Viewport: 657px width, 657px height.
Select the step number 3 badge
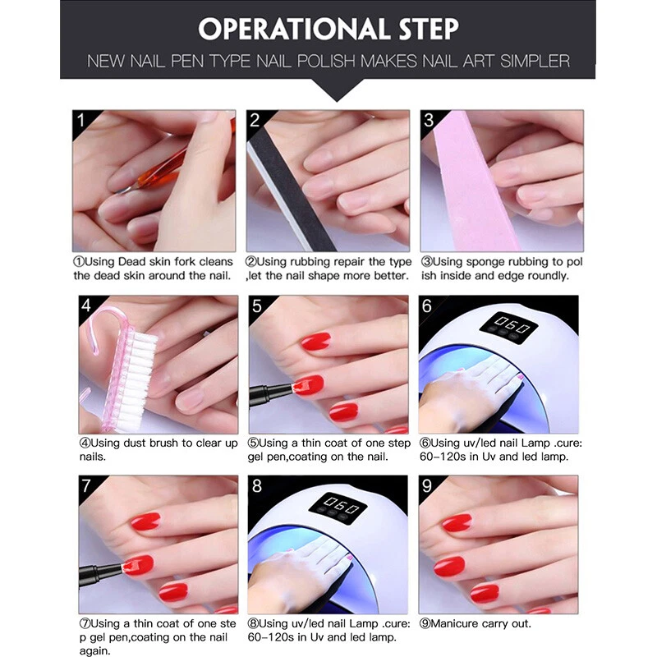pyautogui.click(x=429, y=121)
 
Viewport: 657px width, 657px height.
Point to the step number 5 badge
pyautogui.click(x=257, y=306)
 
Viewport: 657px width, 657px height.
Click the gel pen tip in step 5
pyautogui.click(x=292, y=386)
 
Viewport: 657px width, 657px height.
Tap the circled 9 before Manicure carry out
pyautogui.click(x=425, y=623)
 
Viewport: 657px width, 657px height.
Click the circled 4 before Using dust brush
pyautogui.click(x=85, y=443)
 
